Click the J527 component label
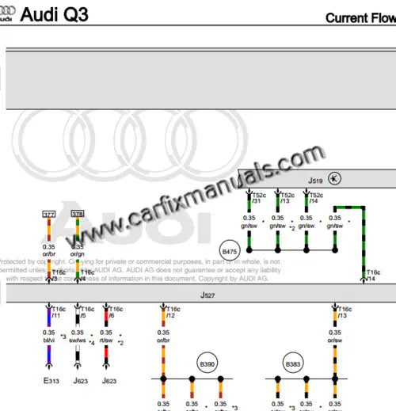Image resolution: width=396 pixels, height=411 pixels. pos(208,294)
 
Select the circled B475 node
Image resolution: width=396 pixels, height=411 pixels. pos(230,251)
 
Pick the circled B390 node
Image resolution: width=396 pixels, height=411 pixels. pos(208,364)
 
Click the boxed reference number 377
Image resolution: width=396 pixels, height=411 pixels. pos(49,214)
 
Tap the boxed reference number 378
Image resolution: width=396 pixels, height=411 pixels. pos(78,214)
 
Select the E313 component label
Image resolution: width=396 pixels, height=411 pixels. pos(51,381)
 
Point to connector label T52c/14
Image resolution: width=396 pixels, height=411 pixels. pos(315,198)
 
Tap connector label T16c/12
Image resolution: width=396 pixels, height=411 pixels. pos(170,313)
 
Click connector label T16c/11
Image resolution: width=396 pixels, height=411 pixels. pos(59,313)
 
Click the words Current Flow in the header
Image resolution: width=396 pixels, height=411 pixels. pos(360,18)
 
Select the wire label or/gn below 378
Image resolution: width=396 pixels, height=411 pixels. pos(78,253)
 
